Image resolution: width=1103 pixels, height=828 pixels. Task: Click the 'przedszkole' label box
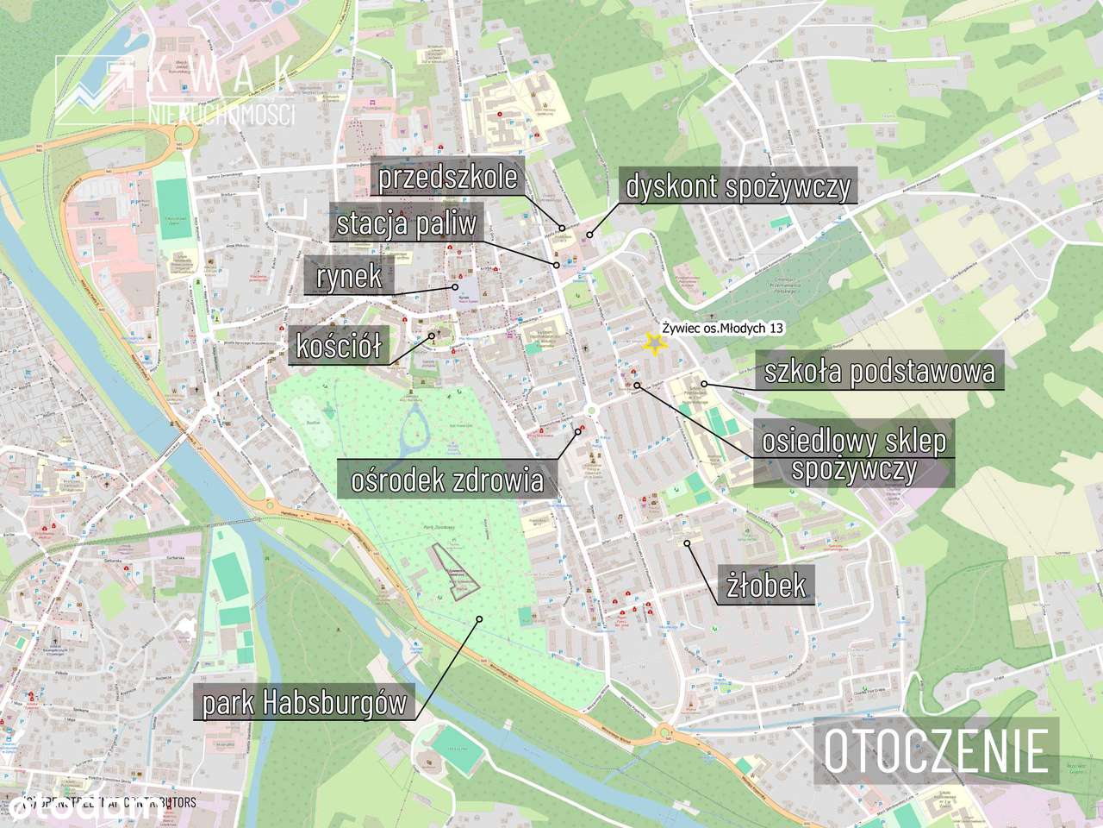(449, 177)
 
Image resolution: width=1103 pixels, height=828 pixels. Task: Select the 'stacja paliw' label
(406, 224)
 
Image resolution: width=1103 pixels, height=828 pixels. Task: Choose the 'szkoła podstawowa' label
(880, 372)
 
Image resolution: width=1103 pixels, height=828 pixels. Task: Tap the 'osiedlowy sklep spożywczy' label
(853, 455)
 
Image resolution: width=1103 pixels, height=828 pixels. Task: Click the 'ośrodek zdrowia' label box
(448, 479)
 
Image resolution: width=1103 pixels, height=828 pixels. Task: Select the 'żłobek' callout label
(766, 586)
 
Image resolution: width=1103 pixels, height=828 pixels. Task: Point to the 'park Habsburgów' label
(303, 703)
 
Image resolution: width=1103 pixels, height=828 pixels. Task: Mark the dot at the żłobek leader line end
(688, 543)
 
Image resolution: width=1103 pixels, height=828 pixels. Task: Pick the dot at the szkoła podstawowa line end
(704, 384)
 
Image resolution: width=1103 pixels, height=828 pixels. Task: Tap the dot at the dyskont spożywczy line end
(590, 235)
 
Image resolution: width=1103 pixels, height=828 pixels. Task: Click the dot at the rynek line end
(453, 287)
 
